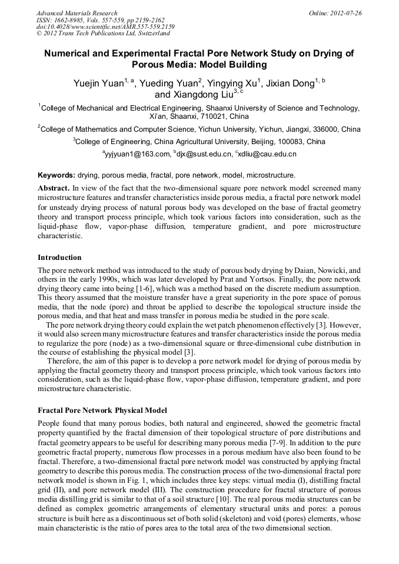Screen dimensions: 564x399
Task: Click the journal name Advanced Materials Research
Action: tap(77, 13)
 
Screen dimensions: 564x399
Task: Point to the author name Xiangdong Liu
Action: tap(194, 94)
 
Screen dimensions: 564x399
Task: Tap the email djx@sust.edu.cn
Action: tap(203, 155)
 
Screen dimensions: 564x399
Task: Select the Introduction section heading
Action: tap(59, 258)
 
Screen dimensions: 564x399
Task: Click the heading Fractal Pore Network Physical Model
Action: tap(102, 410)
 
